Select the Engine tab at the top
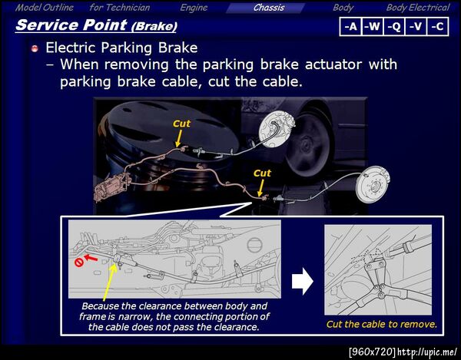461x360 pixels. coord(194,8)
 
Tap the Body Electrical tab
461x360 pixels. coord(418,8)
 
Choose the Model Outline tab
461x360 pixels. coord(45,8)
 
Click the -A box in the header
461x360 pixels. coord(351,27)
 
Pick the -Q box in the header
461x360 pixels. coord(394,27)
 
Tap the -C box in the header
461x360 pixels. coord(437,27)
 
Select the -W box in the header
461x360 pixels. coord(373,27)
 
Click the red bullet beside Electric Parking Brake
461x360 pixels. coord(35,48)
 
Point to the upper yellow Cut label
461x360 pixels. coord(181,124)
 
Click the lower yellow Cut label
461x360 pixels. coord(262,173)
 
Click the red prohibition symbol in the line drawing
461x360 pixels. coord(79,263)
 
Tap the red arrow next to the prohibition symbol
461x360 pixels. coord(91,257)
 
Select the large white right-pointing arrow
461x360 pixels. coord(303,281)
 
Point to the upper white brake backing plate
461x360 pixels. coord(276,130)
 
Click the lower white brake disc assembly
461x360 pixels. coord(373,184)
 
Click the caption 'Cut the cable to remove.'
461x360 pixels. coord(381,324)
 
